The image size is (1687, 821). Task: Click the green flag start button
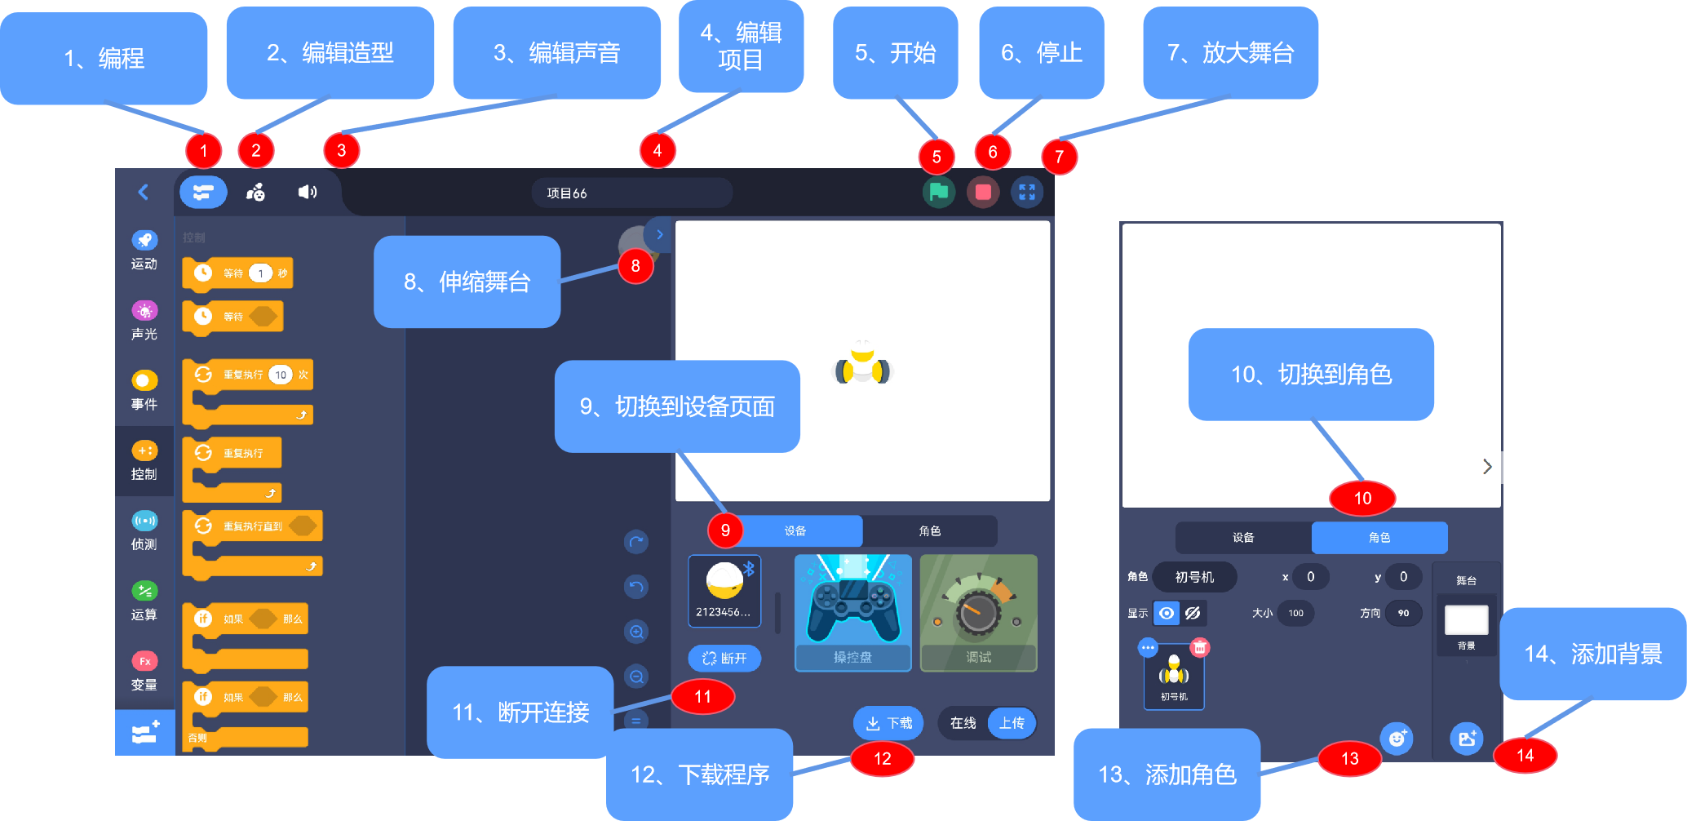[x=938, y=193]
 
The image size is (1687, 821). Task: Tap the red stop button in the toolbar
[x=983, y=193]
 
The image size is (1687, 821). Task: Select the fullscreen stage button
[x=1026, y=193]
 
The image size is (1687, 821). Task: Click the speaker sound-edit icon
[x=307, y=192]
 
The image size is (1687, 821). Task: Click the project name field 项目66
[x=631, y=193]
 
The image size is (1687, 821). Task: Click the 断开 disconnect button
[x=724, y=658]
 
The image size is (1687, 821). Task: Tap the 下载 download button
[x=888, y=723]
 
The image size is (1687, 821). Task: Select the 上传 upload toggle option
[x=1012, y=723]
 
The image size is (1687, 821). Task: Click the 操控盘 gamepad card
[x=852, y=613]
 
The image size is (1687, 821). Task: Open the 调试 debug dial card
[x=978, y=613]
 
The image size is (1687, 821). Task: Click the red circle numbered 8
[x=635, y=266]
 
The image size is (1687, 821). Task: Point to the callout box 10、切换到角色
[x=1310, y=375]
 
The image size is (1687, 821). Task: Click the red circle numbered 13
[x=1349, y=759]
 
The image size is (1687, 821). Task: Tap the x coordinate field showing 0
[x=1310, y=577]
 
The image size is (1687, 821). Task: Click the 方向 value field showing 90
[x=1403, y=613]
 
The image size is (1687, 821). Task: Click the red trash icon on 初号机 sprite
[x=1199, y=648]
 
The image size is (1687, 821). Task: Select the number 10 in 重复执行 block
[x=281, y=375]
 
